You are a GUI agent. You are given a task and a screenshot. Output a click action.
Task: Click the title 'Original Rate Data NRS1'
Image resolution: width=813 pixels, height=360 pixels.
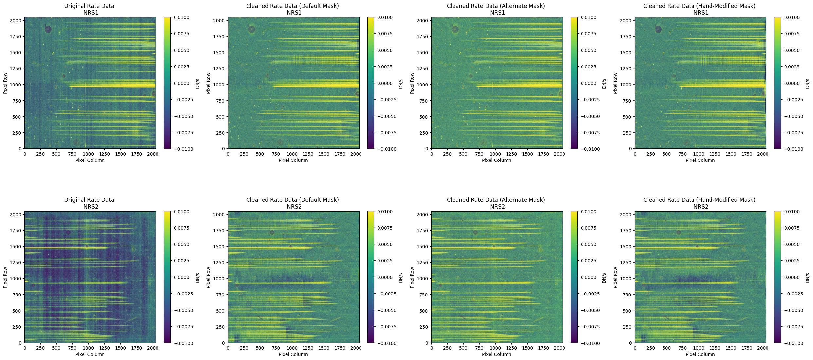pyautogui.click(x=89, y=9)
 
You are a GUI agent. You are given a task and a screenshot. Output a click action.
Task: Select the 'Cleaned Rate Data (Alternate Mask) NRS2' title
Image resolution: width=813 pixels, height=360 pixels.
pyautogui.click(x=496, y=203)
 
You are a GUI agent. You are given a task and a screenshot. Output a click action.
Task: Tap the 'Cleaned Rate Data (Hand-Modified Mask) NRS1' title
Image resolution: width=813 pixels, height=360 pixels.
pyautogui.click(x=699, y=9)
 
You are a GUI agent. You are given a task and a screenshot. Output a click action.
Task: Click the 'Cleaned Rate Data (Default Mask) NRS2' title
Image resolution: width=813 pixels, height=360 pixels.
pyautogui.click(x=292, y=203)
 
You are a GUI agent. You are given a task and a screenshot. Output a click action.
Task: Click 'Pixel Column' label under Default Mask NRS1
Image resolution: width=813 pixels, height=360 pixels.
pyautogui.click(x=293, y=160)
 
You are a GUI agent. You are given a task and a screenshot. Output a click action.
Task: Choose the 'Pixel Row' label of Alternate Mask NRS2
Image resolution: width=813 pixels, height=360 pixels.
pyautogui.click(x=412, y=277)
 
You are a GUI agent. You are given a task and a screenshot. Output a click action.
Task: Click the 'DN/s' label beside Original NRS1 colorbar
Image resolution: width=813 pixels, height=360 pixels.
pyautogui.click(x=197, y=83)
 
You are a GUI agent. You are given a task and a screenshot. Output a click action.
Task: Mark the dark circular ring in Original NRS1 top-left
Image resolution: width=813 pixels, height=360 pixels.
pyautogui.click(x=48, y=29)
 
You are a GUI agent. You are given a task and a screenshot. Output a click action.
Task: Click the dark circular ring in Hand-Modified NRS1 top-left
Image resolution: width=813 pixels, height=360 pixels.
pyautogui.click(x=658, y=29)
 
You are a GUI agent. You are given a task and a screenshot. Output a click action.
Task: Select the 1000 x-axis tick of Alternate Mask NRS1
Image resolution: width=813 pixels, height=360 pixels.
pyautogui.click(x=495, y=154)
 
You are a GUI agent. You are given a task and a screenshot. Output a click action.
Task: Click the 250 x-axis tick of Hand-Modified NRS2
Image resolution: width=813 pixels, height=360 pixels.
pyautogui.click(x=651, y=348)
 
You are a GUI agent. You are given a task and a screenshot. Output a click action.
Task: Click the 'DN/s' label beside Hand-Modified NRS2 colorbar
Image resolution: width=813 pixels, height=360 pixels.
pyautogui.click(x=808, y=277)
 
